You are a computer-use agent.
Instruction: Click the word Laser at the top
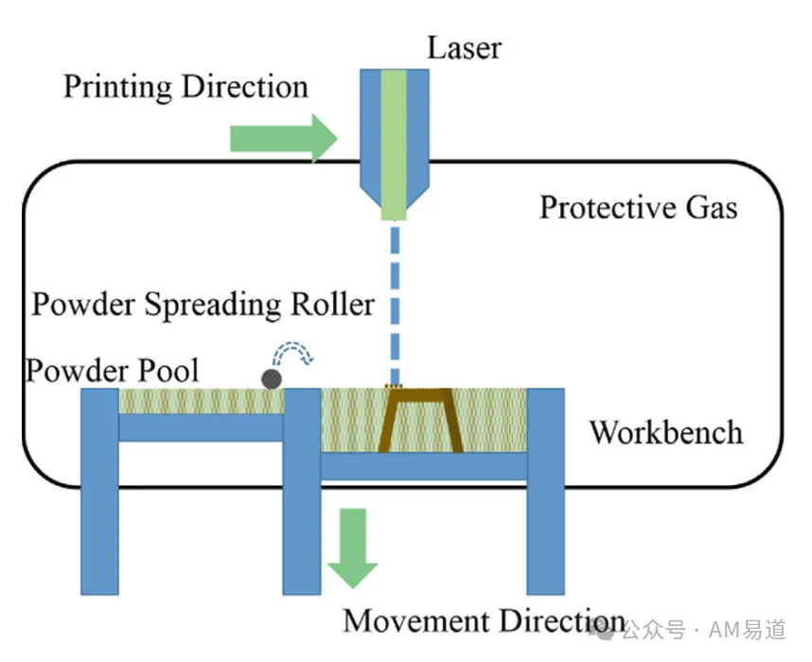(x=464, y=48)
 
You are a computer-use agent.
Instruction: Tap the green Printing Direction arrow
(x=284, y=138)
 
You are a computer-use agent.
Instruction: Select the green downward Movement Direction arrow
(x=353, y=548)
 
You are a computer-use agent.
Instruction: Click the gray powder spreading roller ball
(x=272, y=379)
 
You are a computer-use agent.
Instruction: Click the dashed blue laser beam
(x=395, y=303)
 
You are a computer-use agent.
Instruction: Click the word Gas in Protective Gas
(x=712, y=208)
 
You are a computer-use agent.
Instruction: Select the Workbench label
(x=666, y=432)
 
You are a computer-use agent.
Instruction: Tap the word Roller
(x=332, y=304)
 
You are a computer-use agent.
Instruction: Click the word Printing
(x=117, y=87)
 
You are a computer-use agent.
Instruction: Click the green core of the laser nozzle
(x=394, y=145)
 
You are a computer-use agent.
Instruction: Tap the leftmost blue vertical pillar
(x=100, y=491)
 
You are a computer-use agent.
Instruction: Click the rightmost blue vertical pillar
(x=546, y=491)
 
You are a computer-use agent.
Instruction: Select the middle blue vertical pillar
(x=302, y=491)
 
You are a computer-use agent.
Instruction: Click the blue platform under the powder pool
(x=201, y=427)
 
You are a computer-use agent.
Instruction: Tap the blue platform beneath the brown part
(x=424, y=466)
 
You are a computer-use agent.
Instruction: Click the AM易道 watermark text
(x=748, y=630)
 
